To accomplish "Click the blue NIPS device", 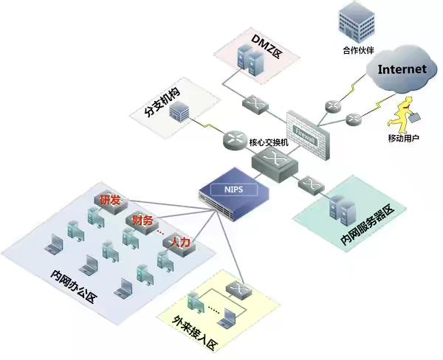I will pyautogui.click(x=233, y=191).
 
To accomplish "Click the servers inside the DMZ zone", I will pyautogui.click(x=249, y=60).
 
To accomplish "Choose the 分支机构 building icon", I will pyautogui.click(x=179, y=112).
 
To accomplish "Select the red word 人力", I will pyautogui.click(x=179, y=242).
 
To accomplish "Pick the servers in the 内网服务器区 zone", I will pyautogui.click(x=342, y=207).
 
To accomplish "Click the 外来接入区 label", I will pyautogui.click(x=194, y=333).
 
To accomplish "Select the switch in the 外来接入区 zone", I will pyautogui.click(x=238, y=288).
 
